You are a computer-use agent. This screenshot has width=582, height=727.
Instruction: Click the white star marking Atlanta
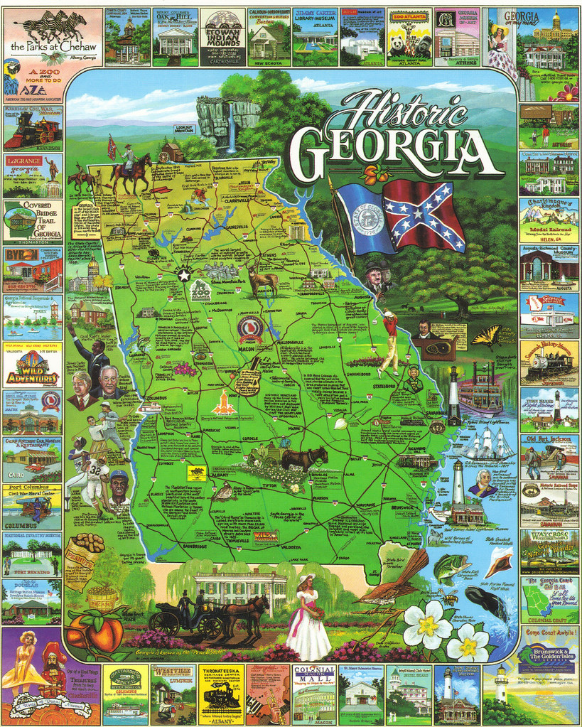point(184,274)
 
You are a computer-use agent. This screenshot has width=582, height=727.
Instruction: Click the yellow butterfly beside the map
point(487,337)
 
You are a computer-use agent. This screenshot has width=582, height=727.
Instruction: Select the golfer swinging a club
point(388,341)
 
